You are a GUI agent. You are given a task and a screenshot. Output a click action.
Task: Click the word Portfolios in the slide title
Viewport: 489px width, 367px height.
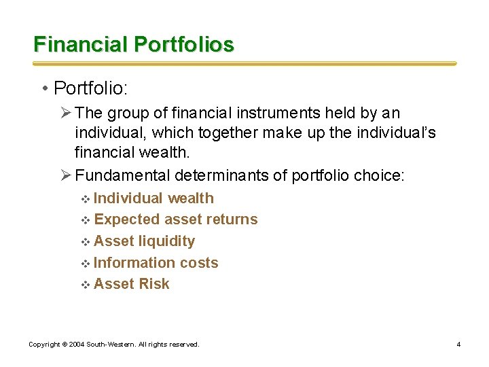(184, 45)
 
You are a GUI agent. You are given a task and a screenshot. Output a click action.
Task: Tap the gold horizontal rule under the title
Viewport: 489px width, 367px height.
(244, 64)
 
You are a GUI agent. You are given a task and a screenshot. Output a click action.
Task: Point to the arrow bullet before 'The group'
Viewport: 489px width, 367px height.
(67, 113)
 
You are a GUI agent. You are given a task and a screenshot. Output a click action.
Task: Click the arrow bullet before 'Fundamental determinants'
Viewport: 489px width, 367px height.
(67, 176)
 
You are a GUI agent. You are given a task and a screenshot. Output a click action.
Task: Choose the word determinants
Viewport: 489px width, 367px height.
(230, 176)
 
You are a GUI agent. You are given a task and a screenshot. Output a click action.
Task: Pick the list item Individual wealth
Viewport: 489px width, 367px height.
(153, 198)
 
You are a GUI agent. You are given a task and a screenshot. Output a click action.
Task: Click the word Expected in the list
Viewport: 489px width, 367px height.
(127, 220)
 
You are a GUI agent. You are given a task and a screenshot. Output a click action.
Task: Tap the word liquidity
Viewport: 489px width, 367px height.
(166, 241)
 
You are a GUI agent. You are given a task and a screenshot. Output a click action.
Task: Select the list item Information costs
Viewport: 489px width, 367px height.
(156, 262)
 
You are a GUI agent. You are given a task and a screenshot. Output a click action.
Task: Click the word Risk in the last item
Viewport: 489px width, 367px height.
(154, 284)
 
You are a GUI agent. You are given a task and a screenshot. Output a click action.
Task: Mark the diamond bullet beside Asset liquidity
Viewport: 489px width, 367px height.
(86, 242)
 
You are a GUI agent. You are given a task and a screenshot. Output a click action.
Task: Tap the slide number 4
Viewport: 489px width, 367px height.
(458, 345)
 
